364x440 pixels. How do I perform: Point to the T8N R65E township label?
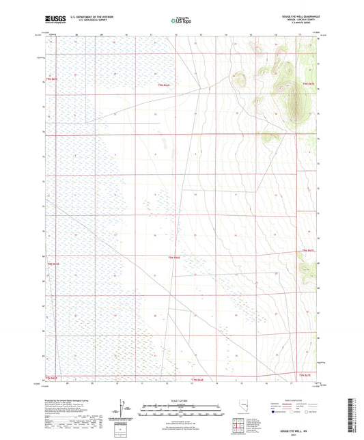(x=53, y=264)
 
